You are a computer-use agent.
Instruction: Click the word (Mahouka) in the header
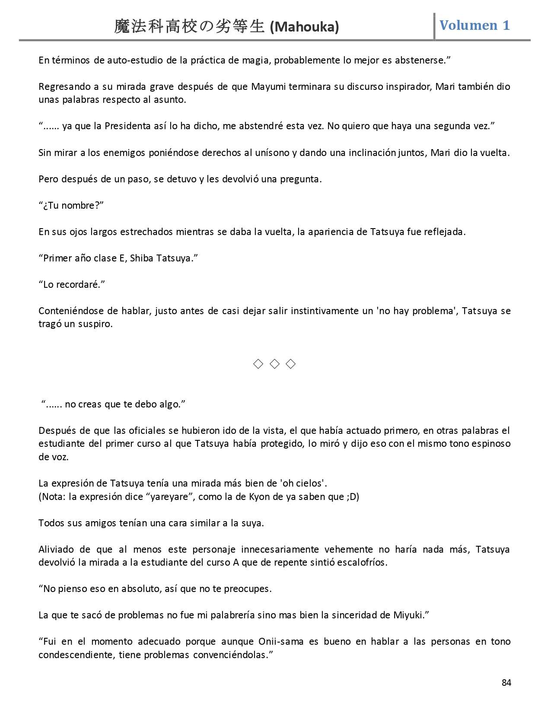coord(304,27)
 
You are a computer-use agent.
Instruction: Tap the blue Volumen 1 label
coord(475,25)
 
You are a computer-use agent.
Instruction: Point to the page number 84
coord(506,683)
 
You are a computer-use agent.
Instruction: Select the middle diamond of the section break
coord(274,364)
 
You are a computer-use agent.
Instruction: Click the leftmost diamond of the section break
coord(258,364)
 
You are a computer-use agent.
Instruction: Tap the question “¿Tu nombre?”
coord(72,205)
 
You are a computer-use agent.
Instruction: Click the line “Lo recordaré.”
coord(72,285)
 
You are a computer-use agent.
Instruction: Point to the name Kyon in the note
coord(259,497)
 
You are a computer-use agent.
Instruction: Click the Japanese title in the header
coord(189,27)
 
